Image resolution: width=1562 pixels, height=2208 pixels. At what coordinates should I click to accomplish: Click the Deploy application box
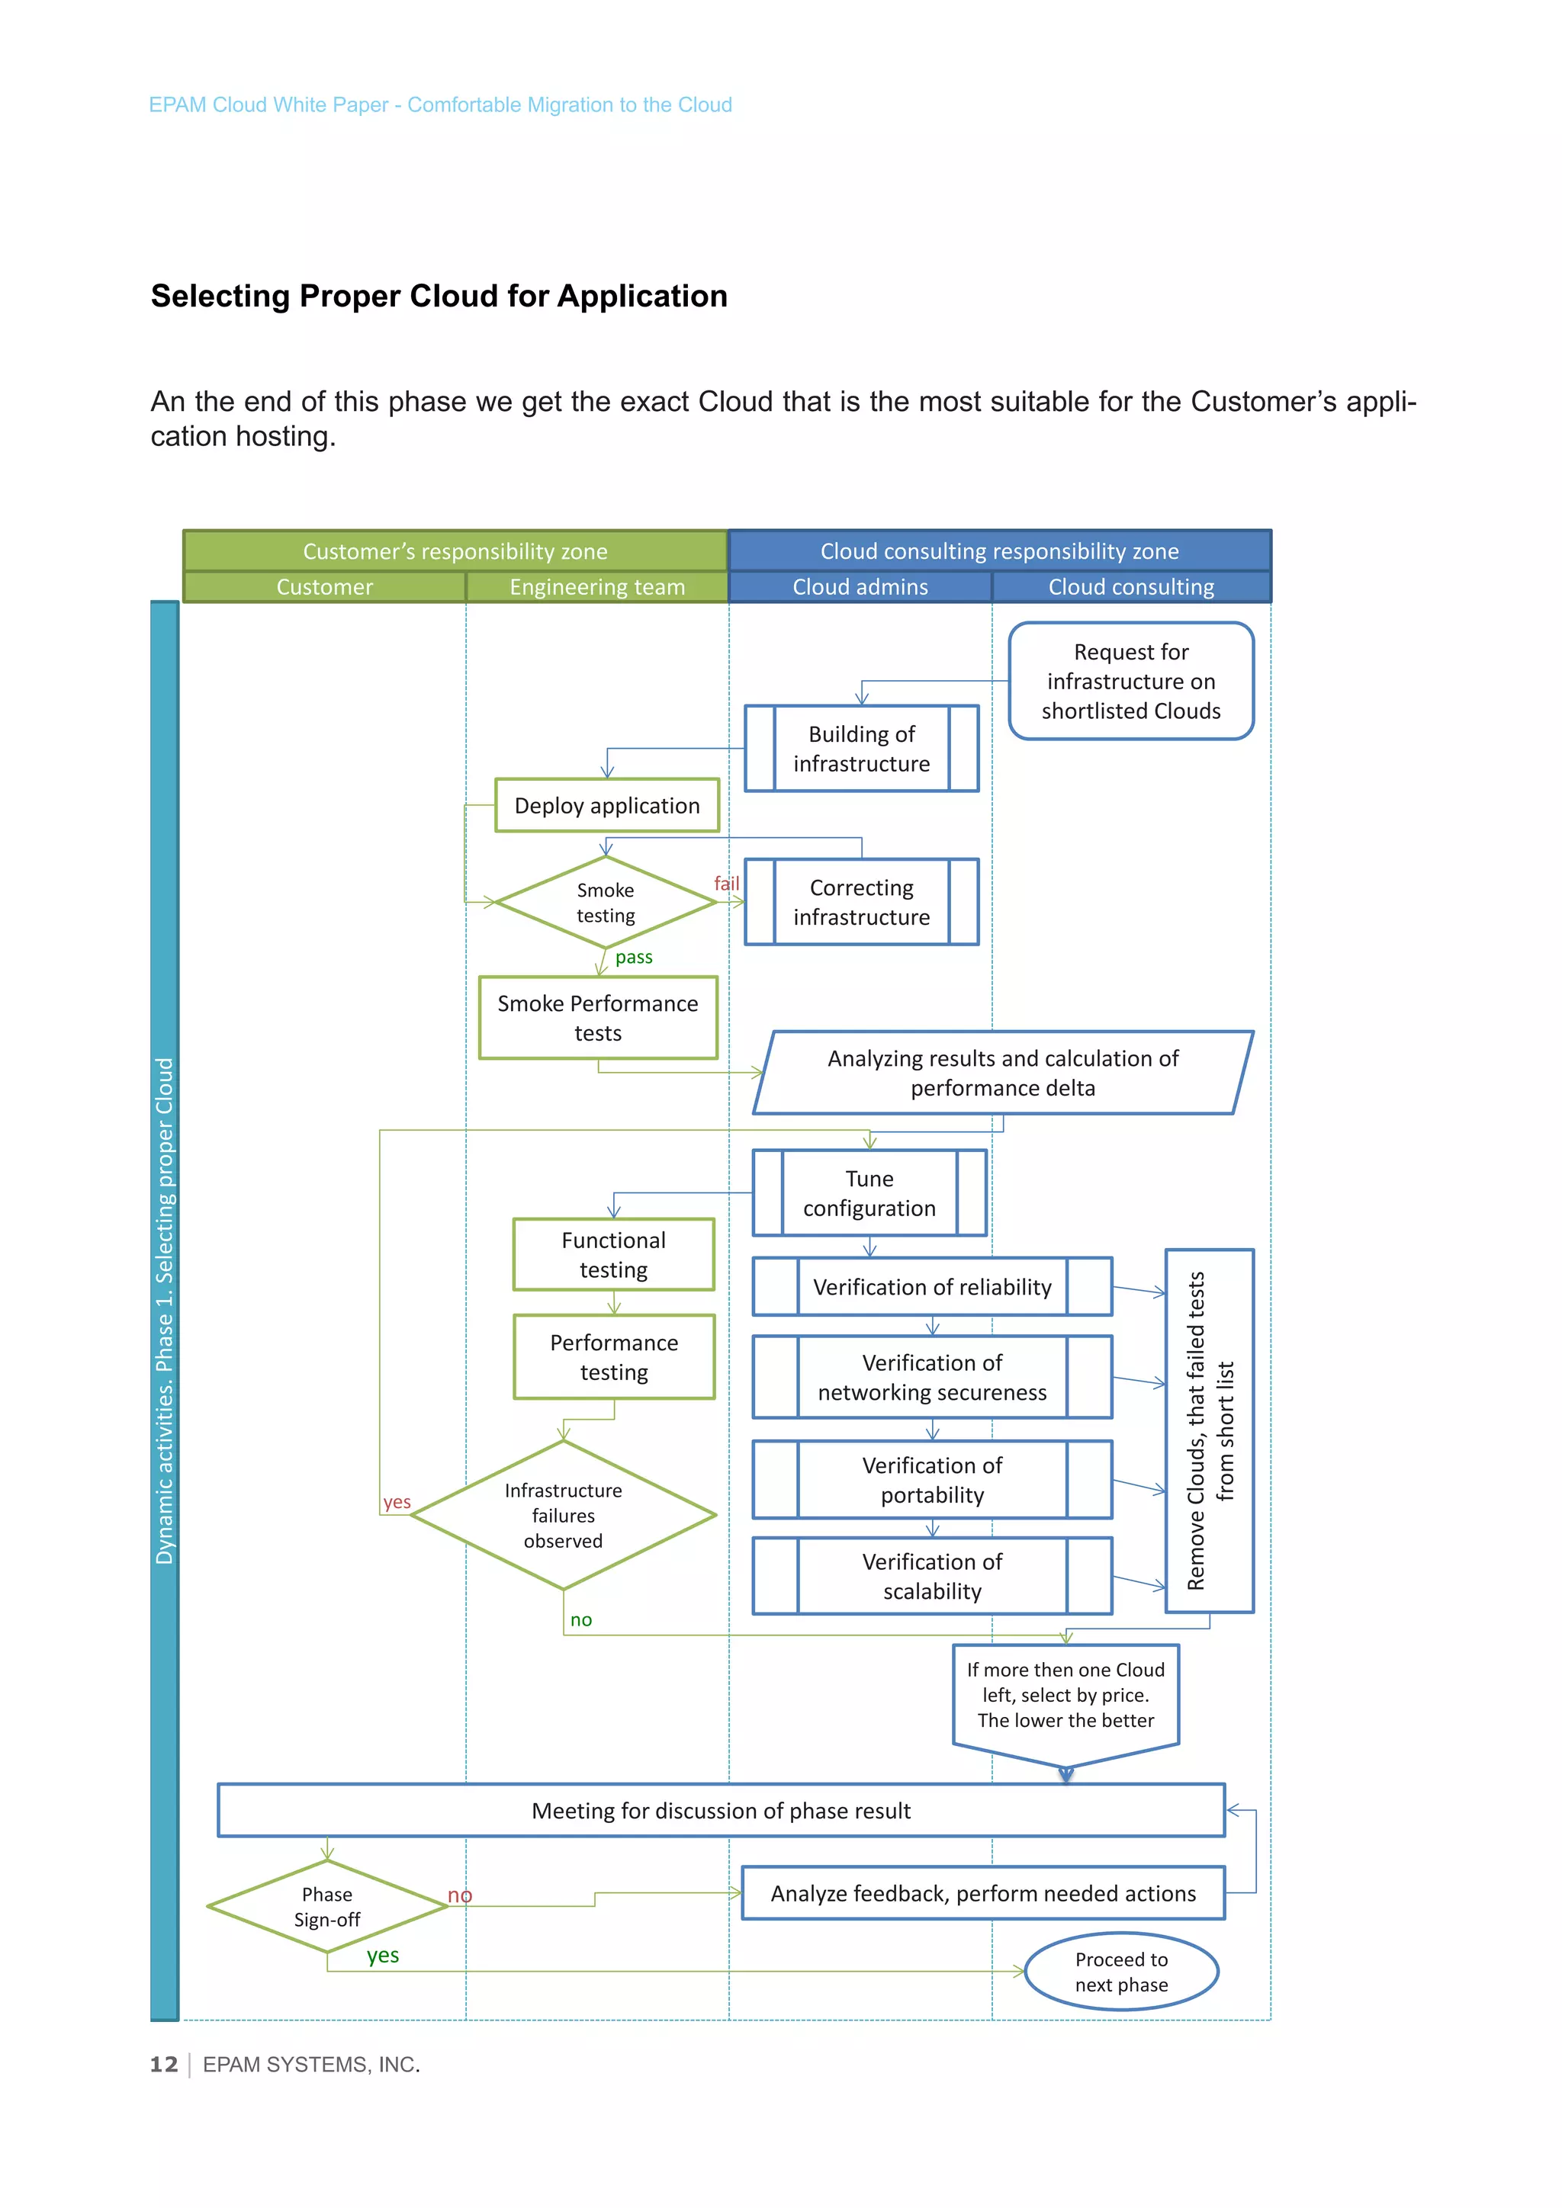[607, 805]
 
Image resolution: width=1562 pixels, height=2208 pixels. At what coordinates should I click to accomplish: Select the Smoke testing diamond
[605, 902]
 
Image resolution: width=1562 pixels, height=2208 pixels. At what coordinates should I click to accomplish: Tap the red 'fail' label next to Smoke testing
[726, 883]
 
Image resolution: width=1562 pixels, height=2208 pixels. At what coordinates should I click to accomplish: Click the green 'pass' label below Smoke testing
[634, 957]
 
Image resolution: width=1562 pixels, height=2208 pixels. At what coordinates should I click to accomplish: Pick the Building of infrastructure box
[861, 748]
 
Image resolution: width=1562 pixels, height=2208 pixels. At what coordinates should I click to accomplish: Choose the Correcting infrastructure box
[861, 902]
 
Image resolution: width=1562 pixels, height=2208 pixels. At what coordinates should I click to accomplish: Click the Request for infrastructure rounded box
[1130, 681]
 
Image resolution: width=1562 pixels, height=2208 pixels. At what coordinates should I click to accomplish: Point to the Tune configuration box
[869, 1192]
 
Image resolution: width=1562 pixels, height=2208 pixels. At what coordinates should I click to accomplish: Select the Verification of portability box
[931, 1479]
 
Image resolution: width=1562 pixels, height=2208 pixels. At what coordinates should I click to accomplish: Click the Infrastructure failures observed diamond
[563, 1515]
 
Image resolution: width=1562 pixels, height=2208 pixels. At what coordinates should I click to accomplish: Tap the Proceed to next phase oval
[1120, 1972]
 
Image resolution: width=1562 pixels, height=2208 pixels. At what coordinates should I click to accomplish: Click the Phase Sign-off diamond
[327, 1906]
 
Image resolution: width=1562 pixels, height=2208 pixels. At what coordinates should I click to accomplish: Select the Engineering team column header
[596, 586]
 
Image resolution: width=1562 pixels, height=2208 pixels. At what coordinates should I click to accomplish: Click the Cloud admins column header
[860, 586]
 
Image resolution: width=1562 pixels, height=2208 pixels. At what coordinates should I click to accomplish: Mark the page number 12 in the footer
[163, 2065]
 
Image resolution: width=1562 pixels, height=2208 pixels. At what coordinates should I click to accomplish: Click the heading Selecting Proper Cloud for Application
[439, 296]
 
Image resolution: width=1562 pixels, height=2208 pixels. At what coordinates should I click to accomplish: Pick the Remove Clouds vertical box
[1209, 1430]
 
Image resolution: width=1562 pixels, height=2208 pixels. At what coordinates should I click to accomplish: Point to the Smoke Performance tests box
[597, 1017]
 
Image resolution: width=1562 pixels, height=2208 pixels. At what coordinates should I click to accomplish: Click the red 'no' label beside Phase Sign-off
[460, 1895]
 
